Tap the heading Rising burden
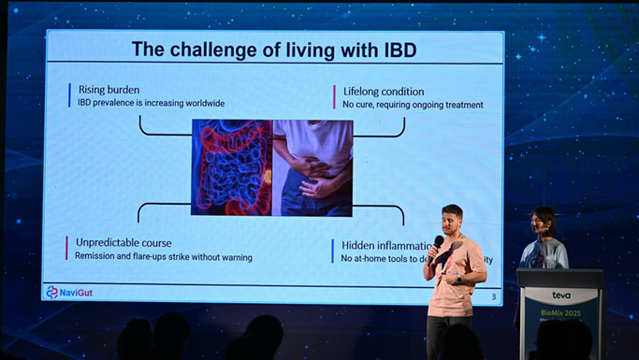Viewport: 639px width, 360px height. (109, 90)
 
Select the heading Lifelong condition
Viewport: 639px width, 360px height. (384, 92)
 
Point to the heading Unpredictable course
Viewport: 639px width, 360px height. (123, 243)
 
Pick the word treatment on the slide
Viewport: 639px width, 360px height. (461, 105)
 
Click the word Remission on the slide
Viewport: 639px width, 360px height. (100, 257)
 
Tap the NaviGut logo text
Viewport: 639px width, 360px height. (77, 293)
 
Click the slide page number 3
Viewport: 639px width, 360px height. (494, 297)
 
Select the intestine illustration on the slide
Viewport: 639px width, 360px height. (231, 166)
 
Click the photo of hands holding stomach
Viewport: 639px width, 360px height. (312, 166)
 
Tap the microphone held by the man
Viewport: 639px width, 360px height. (438, 243)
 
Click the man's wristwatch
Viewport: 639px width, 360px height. (459, 279)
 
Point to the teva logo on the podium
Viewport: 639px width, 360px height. (561, 295)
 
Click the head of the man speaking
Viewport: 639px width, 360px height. (452, 219)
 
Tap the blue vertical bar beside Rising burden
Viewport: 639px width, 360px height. (69, 95)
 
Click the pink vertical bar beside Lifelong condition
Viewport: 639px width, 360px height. (334, 97)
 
